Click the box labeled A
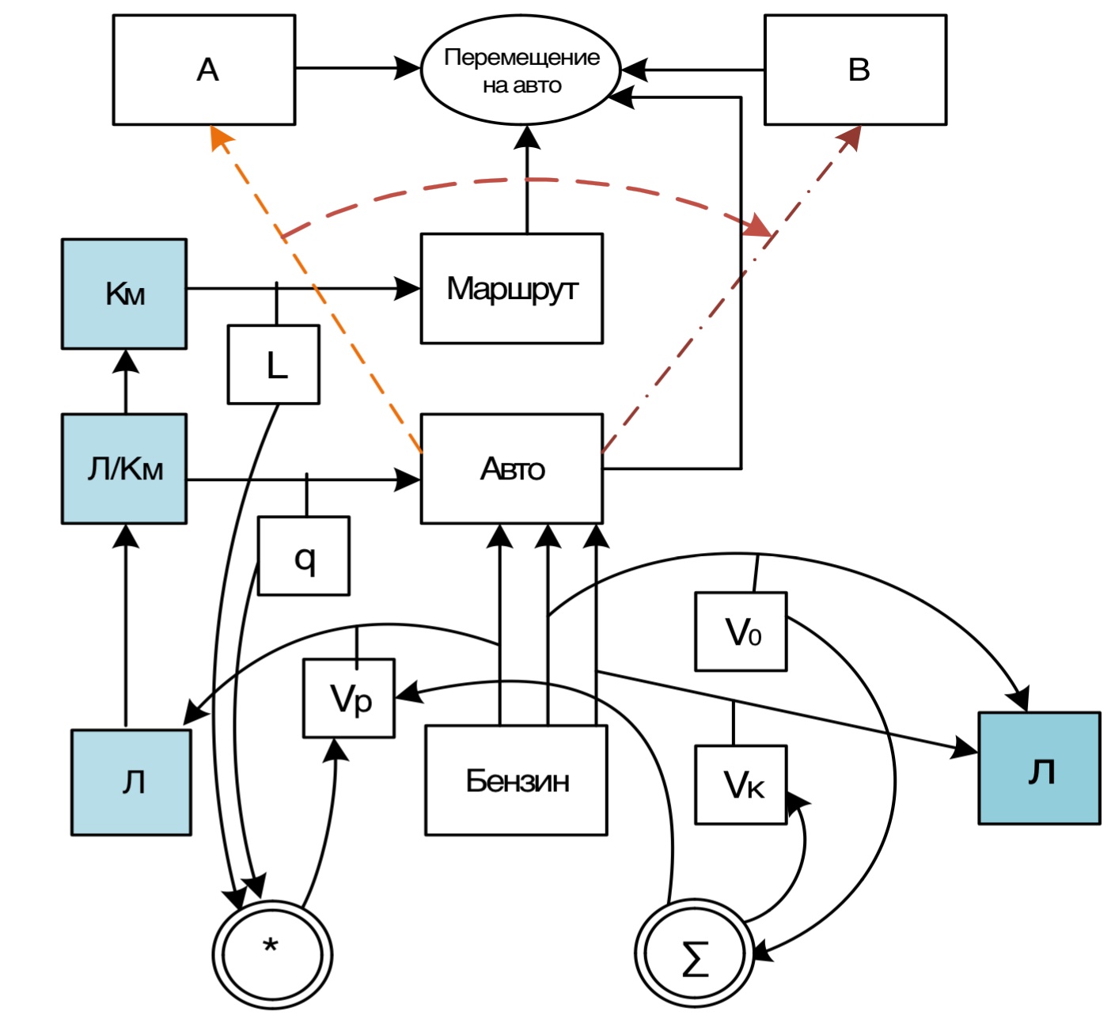(204, 70)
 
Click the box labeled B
(855, 70)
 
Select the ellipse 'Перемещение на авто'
(521, 70)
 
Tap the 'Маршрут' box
(511, 289)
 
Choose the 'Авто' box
(511, 468)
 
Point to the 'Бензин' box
(516, 780)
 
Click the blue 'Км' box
(124, 294)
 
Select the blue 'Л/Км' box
(124, 468)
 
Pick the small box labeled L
(274, 365)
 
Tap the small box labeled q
(304, 556)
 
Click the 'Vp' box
(349, 698)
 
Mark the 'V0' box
(741, 631)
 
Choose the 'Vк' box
(741, 784)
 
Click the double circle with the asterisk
(272, 953)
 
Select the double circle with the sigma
(694, 953)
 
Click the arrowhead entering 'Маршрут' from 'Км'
(408, 289)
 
